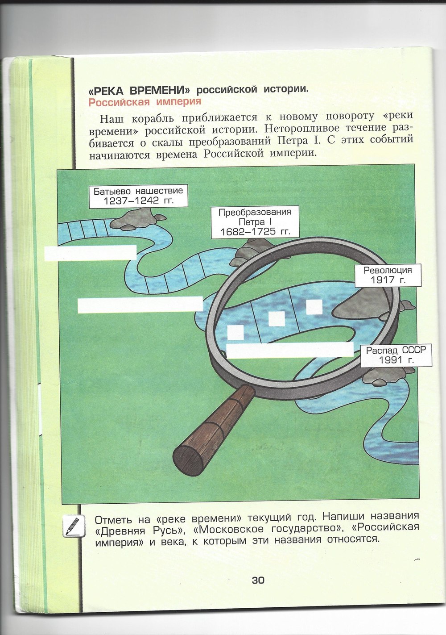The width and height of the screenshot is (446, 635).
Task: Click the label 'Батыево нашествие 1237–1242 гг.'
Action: click(x=138, y=196)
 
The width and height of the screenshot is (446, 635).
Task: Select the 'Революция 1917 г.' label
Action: click(x=388, y=275)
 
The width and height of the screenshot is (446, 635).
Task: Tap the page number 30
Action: click(x=258, y=580)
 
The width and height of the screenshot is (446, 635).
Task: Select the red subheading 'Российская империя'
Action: click(x=145, y=102)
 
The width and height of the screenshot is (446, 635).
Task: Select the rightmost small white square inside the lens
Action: click(x=314, y=307)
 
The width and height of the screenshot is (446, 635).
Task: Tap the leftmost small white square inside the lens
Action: click(x=235, y=332)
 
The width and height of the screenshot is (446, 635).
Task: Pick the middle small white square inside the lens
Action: click(x=277, y=318)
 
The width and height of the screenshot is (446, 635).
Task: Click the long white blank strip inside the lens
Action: click(x=290, y=350)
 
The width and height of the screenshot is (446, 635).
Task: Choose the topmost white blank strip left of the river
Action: click(x=90, y=252)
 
